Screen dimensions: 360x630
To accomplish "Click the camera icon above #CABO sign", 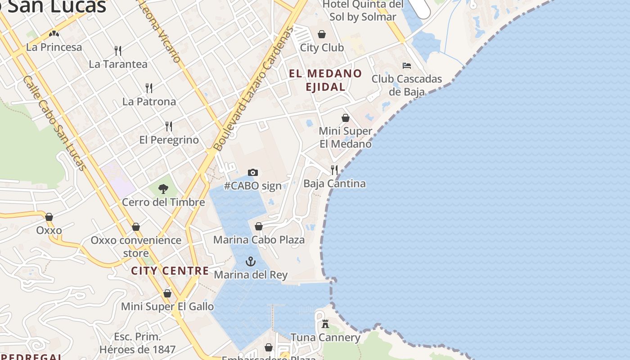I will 253,172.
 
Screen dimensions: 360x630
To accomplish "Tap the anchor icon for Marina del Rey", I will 250,261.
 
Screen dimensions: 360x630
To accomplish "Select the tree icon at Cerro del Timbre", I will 163,189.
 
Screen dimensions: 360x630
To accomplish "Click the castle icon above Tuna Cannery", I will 325,324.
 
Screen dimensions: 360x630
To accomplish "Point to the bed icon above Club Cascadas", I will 407,66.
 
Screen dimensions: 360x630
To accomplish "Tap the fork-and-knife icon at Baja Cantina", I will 334,170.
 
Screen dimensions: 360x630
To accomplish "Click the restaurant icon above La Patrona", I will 149,88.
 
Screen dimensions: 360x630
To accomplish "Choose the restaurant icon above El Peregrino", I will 169,126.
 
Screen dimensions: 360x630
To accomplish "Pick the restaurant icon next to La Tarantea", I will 118,50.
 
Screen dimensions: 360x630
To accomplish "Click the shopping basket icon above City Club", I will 322,34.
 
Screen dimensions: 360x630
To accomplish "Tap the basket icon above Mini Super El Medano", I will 346,118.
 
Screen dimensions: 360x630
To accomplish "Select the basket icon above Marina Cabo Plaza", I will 259,226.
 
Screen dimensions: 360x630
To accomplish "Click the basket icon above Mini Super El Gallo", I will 167,293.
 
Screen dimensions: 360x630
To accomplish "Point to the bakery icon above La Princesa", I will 54,34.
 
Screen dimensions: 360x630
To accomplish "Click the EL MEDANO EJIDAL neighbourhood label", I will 325,80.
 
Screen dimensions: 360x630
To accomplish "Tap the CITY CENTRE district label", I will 170,271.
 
